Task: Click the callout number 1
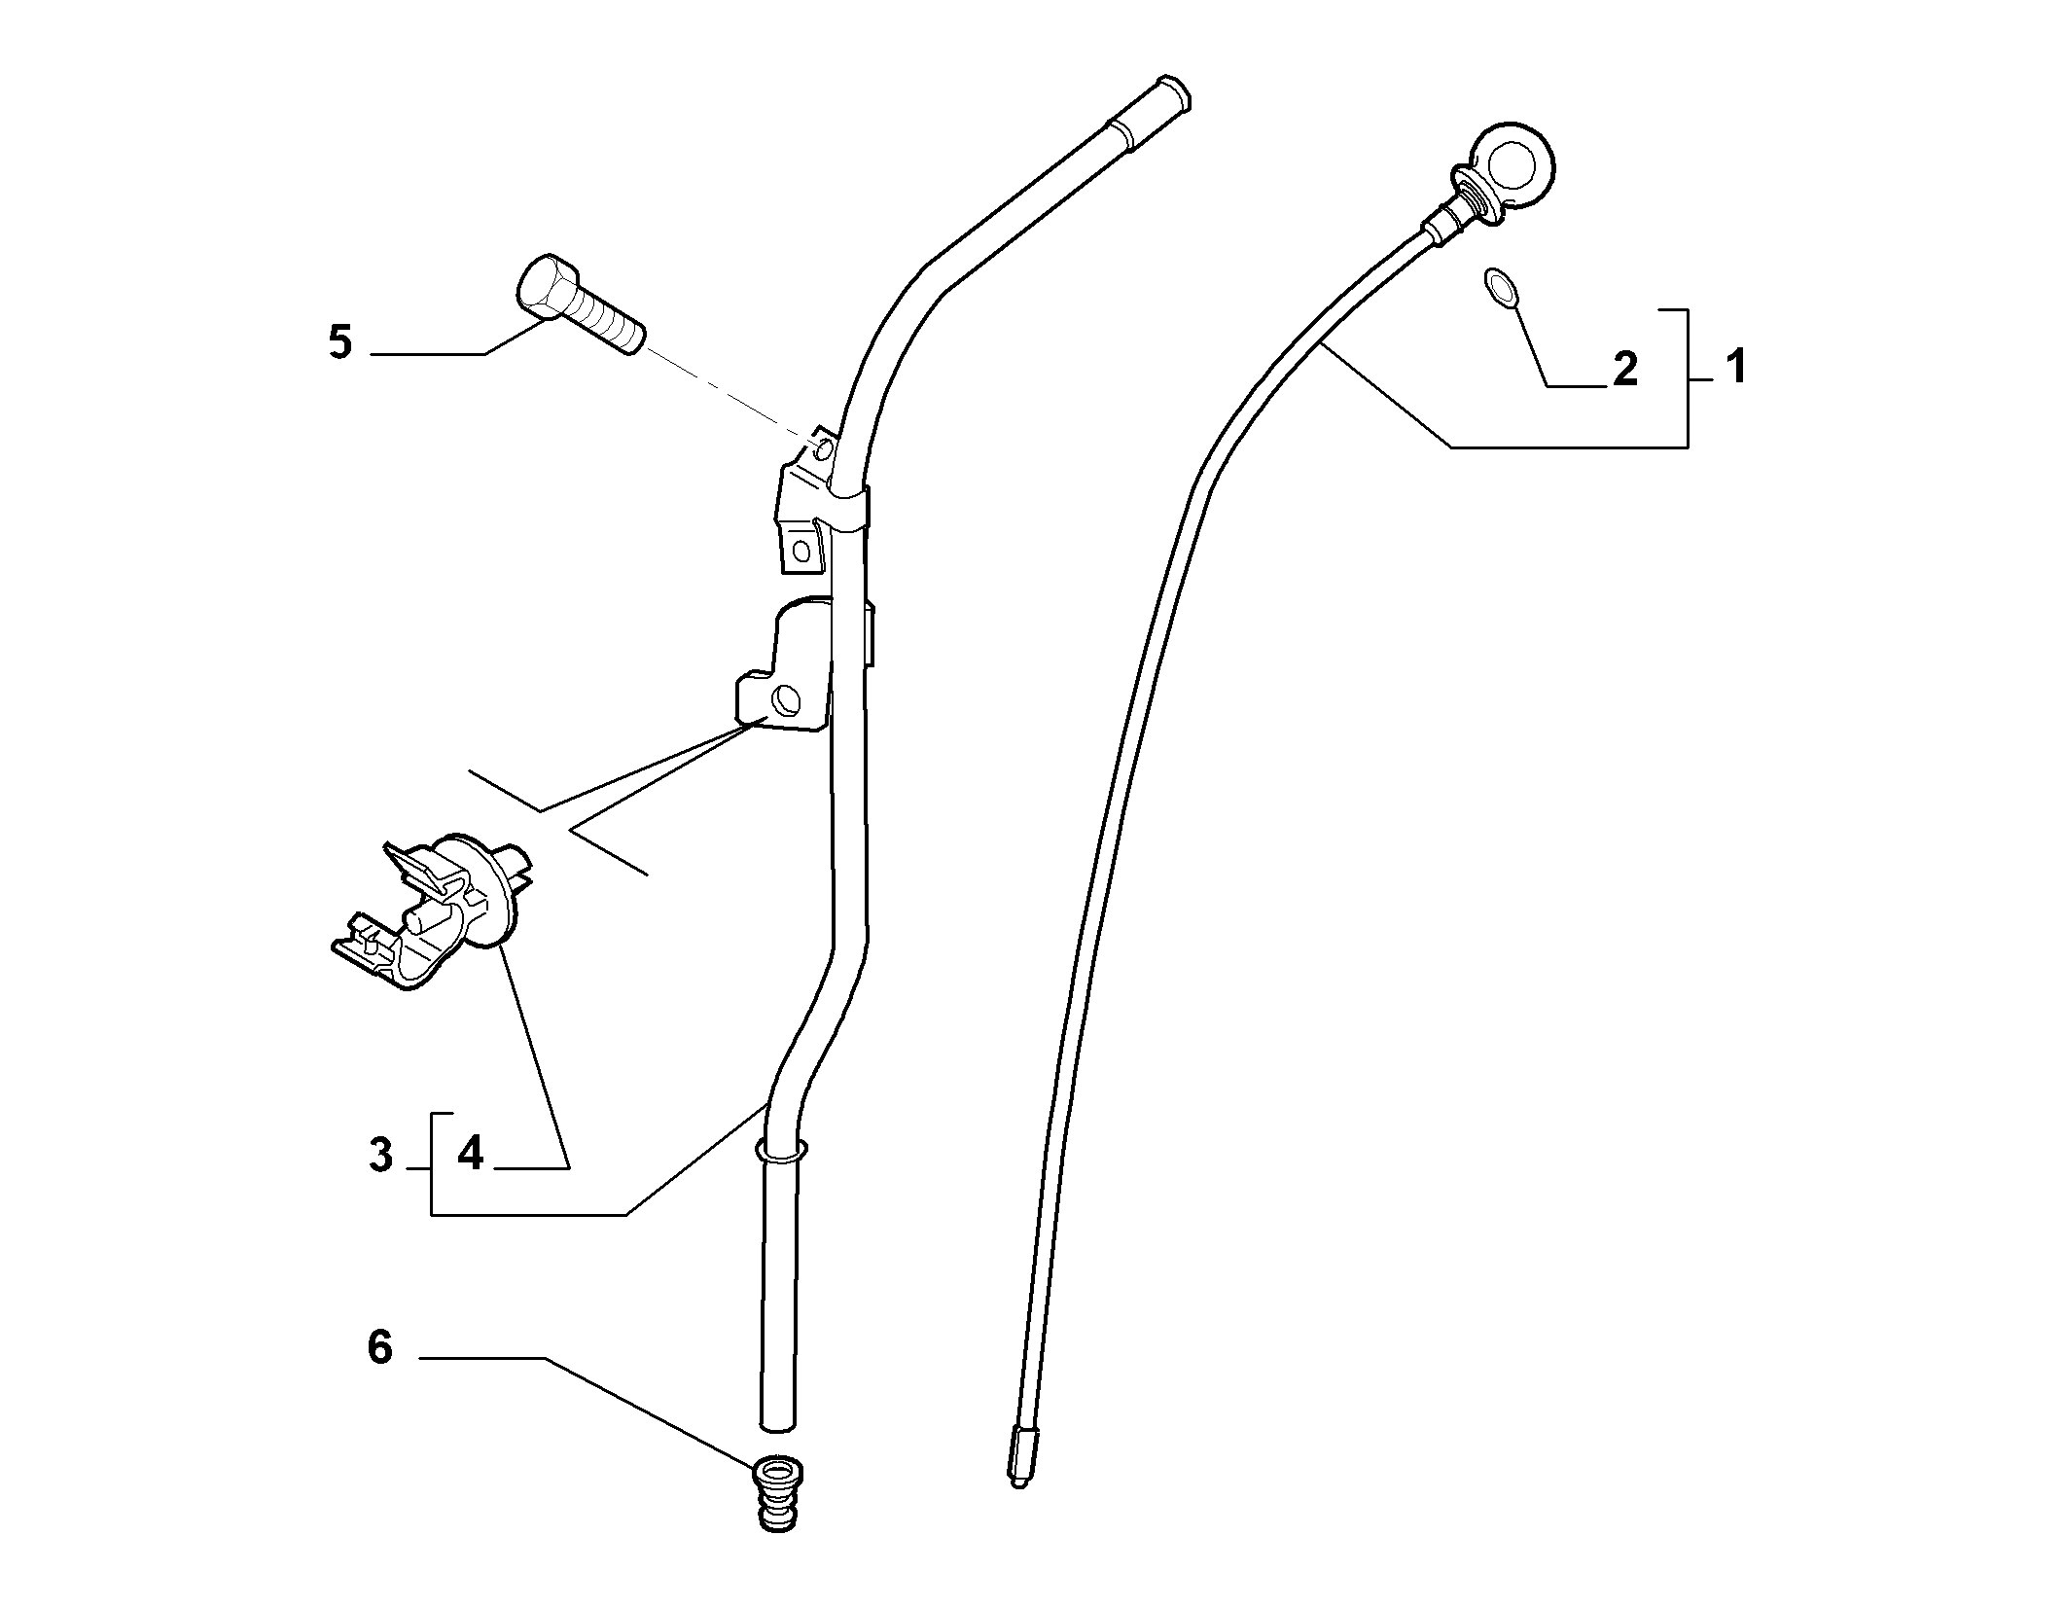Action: click(1736, 368)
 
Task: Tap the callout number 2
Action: click(1625, 370)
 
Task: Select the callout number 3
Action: click(381, 1157)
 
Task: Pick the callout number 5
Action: click(340, 342)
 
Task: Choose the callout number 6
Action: click(379, 1348)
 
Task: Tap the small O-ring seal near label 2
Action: click(1500, 290)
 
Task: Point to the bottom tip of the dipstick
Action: click(1019, 1512)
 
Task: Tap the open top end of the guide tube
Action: click(1174, 91)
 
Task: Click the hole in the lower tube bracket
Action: click(784, 698)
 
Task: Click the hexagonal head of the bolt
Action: click(542, 284)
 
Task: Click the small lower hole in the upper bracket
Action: click(801, 551)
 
